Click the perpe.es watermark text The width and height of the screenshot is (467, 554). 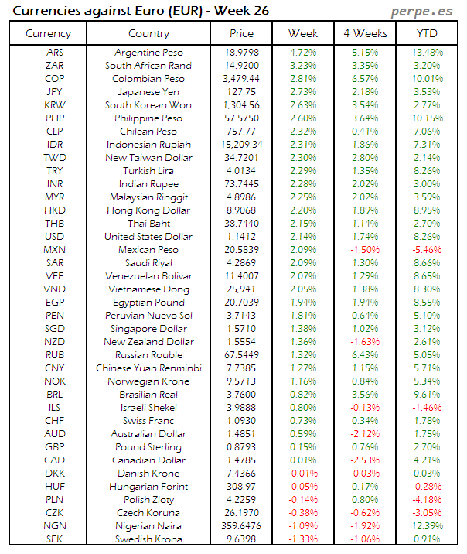422,12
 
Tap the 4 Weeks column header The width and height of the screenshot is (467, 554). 364,33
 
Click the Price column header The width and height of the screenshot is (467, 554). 241,33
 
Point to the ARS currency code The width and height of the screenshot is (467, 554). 55,53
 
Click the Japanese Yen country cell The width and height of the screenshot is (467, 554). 148,92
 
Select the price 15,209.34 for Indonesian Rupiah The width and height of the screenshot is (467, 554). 241,145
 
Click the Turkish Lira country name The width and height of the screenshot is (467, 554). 148,171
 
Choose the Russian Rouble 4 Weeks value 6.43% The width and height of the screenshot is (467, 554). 364,355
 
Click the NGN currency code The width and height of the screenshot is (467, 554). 55,526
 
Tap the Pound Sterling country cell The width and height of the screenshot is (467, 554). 148,447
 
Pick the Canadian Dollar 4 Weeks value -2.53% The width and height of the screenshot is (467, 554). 364,460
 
